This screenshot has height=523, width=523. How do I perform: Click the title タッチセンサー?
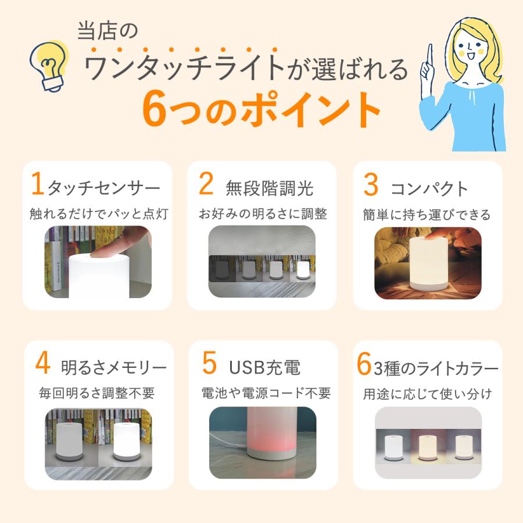click(103, 188)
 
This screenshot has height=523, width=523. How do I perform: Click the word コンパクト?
click(429, 188)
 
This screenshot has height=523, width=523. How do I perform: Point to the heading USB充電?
click(264, 367)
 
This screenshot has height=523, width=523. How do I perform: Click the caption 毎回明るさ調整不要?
click(96, 393)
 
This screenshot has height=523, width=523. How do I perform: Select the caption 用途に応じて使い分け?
click(428, 393)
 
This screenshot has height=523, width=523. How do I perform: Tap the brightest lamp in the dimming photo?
click(303, 270)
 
